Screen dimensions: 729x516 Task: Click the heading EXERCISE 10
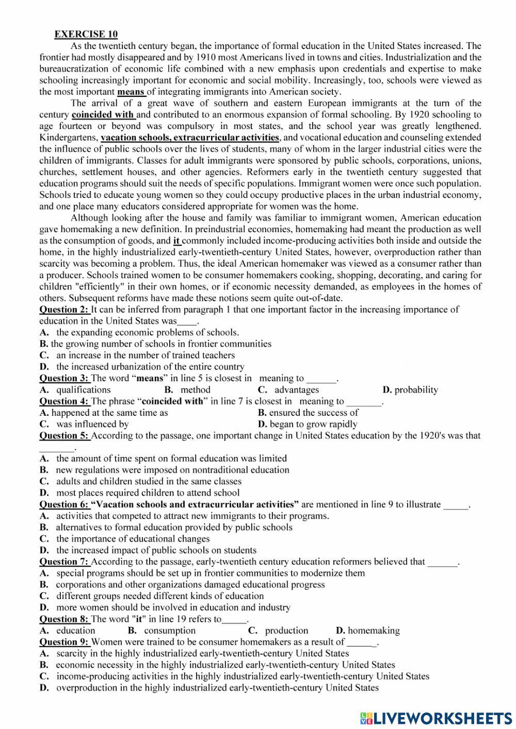tap(86, 35)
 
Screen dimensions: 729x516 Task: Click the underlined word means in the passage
tap(131, 92)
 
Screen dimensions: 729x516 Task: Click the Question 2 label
tap(64, 310)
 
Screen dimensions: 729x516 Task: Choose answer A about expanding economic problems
tap(147, 332)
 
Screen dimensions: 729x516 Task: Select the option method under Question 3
tap(195, 390)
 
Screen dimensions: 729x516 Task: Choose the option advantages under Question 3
tap(296, 390)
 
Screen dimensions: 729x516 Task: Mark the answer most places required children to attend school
tap(148, 493)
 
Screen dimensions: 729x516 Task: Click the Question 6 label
tap(64, 505)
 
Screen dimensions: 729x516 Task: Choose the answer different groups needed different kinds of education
tap(159, 596)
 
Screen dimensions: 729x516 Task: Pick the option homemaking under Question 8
tap(374, 630)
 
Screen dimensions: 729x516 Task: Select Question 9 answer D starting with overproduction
tap(217, 688)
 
